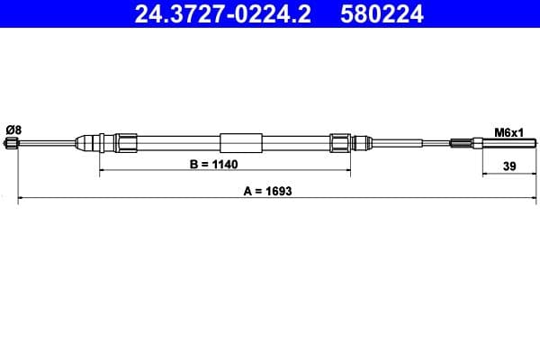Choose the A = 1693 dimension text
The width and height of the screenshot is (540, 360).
point(266,191)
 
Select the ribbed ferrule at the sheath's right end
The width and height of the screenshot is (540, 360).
point(339,142)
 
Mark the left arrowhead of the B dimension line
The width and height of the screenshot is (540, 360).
point(102,170)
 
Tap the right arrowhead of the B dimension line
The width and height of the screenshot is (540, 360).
point(347,170)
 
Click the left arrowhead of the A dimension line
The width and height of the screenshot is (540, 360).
point(22,198)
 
